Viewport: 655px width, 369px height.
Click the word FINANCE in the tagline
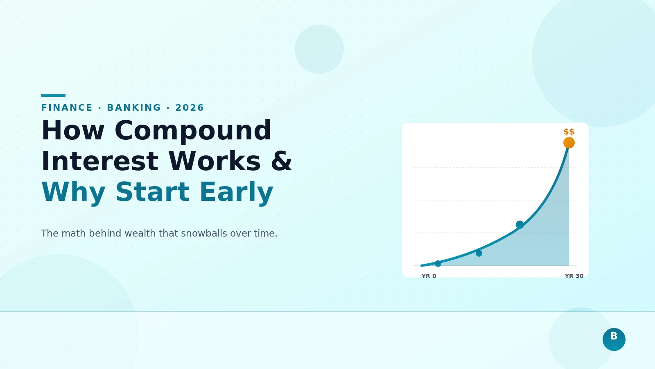click(67, 108)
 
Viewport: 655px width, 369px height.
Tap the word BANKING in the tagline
click(134, 108)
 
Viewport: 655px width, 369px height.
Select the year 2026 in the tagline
click(189, 108)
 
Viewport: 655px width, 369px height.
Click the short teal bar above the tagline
click(53, 96)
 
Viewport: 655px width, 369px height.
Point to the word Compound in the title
click(193, 131)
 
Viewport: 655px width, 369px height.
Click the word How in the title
click(73, 131)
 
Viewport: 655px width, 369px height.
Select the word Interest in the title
click(99, 162)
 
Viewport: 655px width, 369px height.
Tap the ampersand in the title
click(281, 162)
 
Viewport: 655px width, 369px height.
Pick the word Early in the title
click(236, 192)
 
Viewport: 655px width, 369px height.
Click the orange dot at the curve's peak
click(569, 143)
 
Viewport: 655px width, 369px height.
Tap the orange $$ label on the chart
click(569, 132)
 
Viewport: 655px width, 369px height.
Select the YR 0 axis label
click(429, 276)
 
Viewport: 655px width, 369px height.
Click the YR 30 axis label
click(574, 276)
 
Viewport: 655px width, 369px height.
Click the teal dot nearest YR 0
click(438, 264)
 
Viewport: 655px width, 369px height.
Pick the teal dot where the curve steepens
click(520, 224)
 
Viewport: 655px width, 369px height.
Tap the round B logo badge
click(614, 339)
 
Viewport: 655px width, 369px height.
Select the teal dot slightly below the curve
click(479, 253)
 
